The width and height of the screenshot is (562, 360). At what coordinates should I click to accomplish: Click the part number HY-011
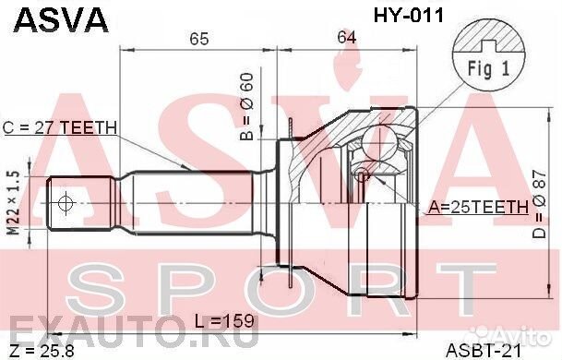(409, 16)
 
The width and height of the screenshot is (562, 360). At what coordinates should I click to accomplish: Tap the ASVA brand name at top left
(61, 20)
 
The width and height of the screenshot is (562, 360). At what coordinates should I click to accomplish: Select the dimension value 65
(199, 39)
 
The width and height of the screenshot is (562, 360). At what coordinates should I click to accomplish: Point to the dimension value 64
(346, 37)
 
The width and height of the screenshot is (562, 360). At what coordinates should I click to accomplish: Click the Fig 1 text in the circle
(488, 68)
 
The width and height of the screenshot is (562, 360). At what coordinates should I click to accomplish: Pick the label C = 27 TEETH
(60, 127)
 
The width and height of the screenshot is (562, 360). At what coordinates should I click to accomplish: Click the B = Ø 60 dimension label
(247, 106)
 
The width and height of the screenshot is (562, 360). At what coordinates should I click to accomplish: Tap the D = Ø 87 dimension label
(539, 204)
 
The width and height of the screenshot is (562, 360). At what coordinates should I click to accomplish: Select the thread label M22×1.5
(13, 202)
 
